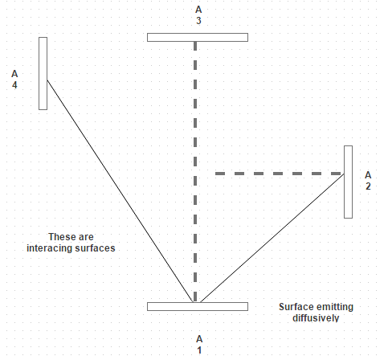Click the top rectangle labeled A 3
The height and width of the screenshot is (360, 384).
[x=198, y=37]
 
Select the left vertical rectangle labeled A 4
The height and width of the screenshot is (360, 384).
[x=43, y=73]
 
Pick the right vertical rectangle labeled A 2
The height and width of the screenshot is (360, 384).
[x=348, y=182]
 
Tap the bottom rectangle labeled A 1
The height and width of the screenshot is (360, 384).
[x=198, y=306]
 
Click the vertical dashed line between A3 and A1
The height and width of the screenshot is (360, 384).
[x=195, y=172]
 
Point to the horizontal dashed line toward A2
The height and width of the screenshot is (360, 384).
[x=280, y=174]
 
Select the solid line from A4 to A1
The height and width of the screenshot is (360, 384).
[x=120, y=191]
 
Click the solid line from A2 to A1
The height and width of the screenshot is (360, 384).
[x=272, y=238]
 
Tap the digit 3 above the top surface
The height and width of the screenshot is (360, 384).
[x=198, y=21]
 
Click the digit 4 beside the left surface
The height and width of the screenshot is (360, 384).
[x=14, y=85]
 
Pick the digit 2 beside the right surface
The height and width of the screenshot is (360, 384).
[x=368, y=186]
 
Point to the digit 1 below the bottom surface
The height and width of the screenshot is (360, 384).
[x=199, y=350]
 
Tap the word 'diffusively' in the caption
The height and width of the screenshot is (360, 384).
[x=316, y=318]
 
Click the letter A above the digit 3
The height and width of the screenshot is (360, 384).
[x=198, y=10]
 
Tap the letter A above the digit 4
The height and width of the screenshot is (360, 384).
[x=14, y=74]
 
